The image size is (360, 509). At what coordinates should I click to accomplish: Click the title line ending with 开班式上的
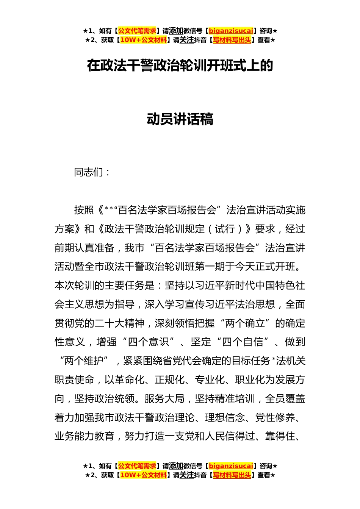pyautogui.click(x=180, y=66)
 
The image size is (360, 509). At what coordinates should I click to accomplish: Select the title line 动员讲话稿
pyautogui.click(x=180, y=119)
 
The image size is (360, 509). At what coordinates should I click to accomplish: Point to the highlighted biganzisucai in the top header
pyautogui.click(x=231, y=31)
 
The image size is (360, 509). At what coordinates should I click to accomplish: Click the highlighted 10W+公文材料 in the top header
pyautogui.click(x=143, y=40)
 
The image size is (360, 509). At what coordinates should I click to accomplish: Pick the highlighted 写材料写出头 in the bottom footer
pyautogui.click(x=232, y=475)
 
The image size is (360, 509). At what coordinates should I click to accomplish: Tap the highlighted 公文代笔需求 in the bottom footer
pyautogui.click(x=137, y=466)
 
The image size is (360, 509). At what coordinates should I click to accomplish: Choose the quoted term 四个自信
pyautogui.click(x=243, y=342)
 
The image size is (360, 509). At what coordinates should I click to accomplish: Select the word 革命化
pyautogui.click(x=129, y=380)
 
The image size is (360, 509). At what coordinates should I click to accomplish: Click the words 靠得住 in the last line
pyautogui.click(x=280, y=436)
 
